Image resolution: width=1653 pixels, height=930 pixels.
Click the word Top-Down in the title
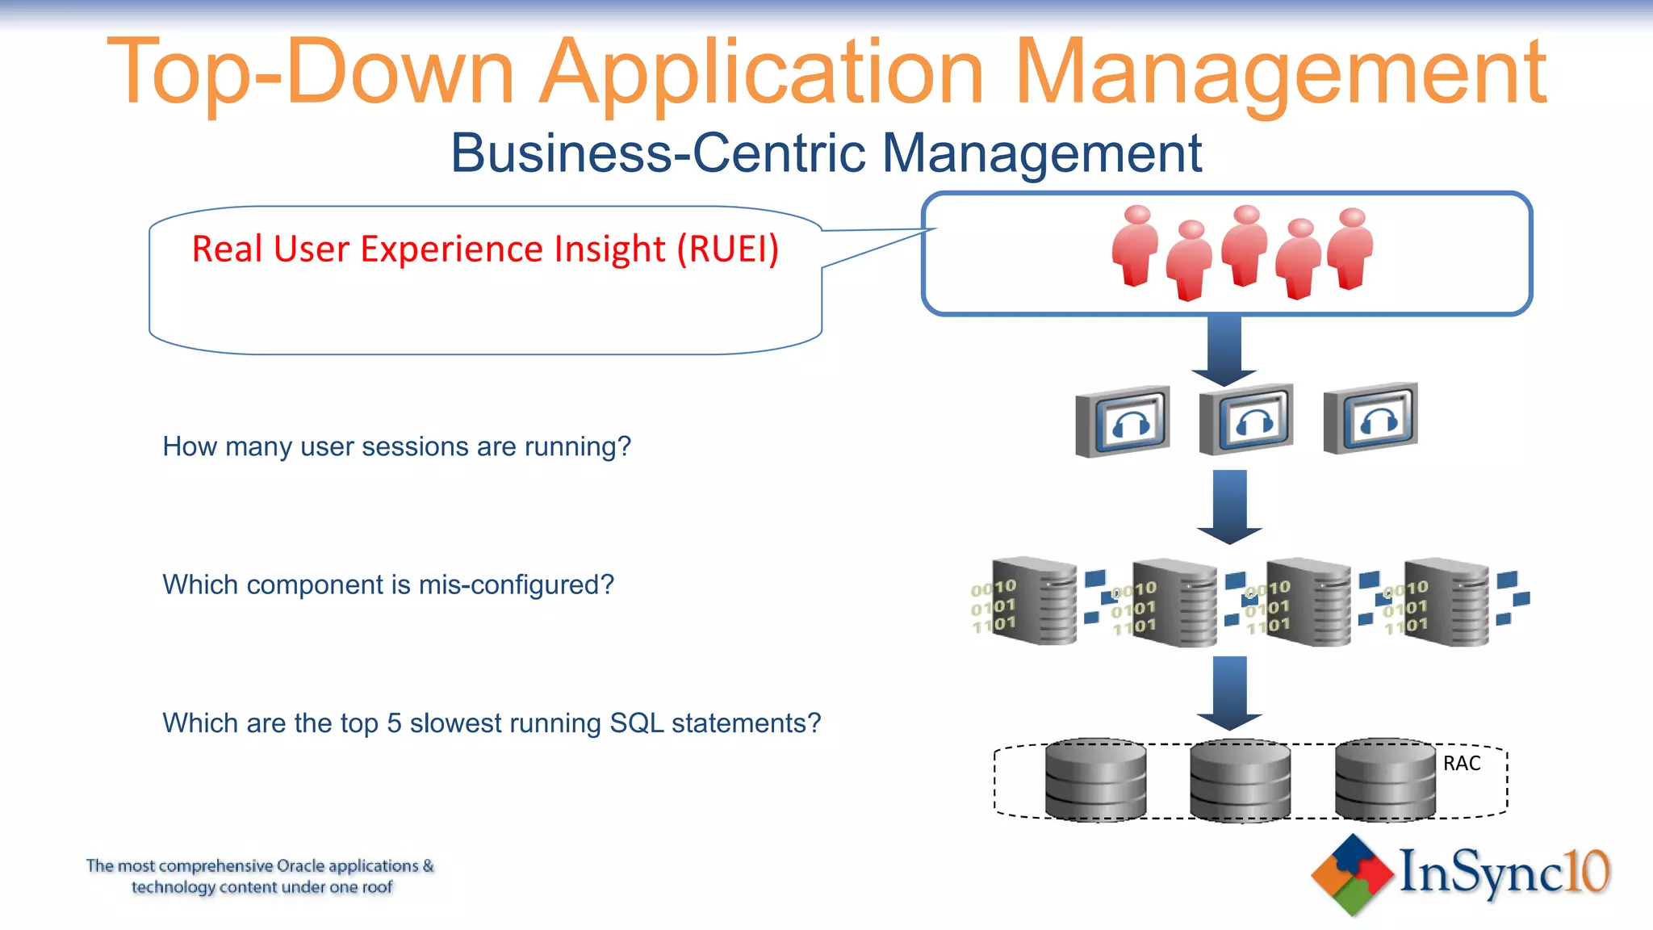pos(310,73)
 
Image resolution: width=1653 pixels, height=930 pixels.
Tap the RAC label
pos(1461,764)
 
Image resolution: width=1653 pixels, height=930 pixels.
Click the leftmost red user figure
pos(1136,246)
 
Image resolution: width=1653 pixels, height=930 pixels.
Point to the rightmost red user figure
pos(1350,249)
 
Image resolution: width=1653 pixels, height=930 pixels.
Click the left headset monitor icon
pos(1124,421)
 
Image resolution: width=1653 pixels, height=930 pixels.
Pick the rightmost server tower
pos(1448,602)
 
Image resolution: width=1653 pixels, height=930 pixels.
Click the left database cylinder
pos(1095,780)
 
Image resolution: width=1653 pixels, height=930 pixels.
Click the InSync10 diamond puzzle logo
pos(1352,875)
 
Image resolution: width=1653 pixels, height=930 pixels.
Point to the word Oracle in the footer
pos(300,866)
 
